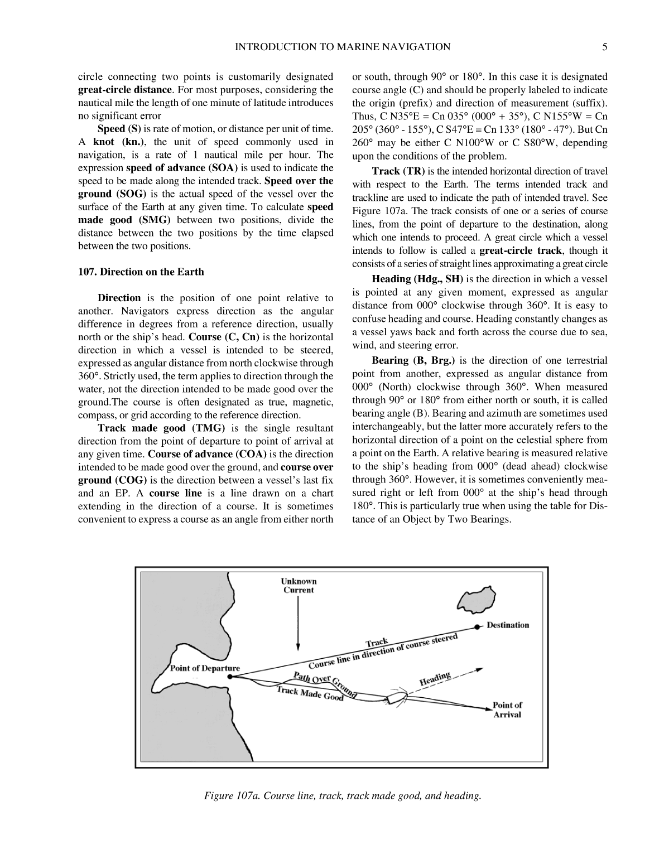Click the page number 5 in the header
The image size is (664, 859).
pos(604,47)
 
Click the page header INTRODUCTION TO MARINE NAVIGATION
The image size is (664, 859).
pos(343,47)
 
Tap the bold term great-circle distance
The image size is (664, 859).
pos(124,90)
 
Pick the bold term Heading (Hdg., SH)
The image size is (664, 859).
pos(417,279)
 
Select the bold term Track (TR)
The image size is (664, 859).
pos(398,171)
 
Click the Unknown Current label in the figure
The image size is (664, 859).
pos(299,586)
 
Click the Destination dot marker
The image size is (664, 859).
pos(478,627)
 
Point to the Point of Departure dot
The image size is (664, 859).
pos(230,677)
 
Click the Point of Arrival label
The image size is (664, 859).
pos(507,710)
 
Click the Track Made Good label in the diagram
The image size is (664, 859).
pos(310,694)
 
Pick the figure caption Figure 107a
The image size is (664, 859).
pos(343,795)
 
